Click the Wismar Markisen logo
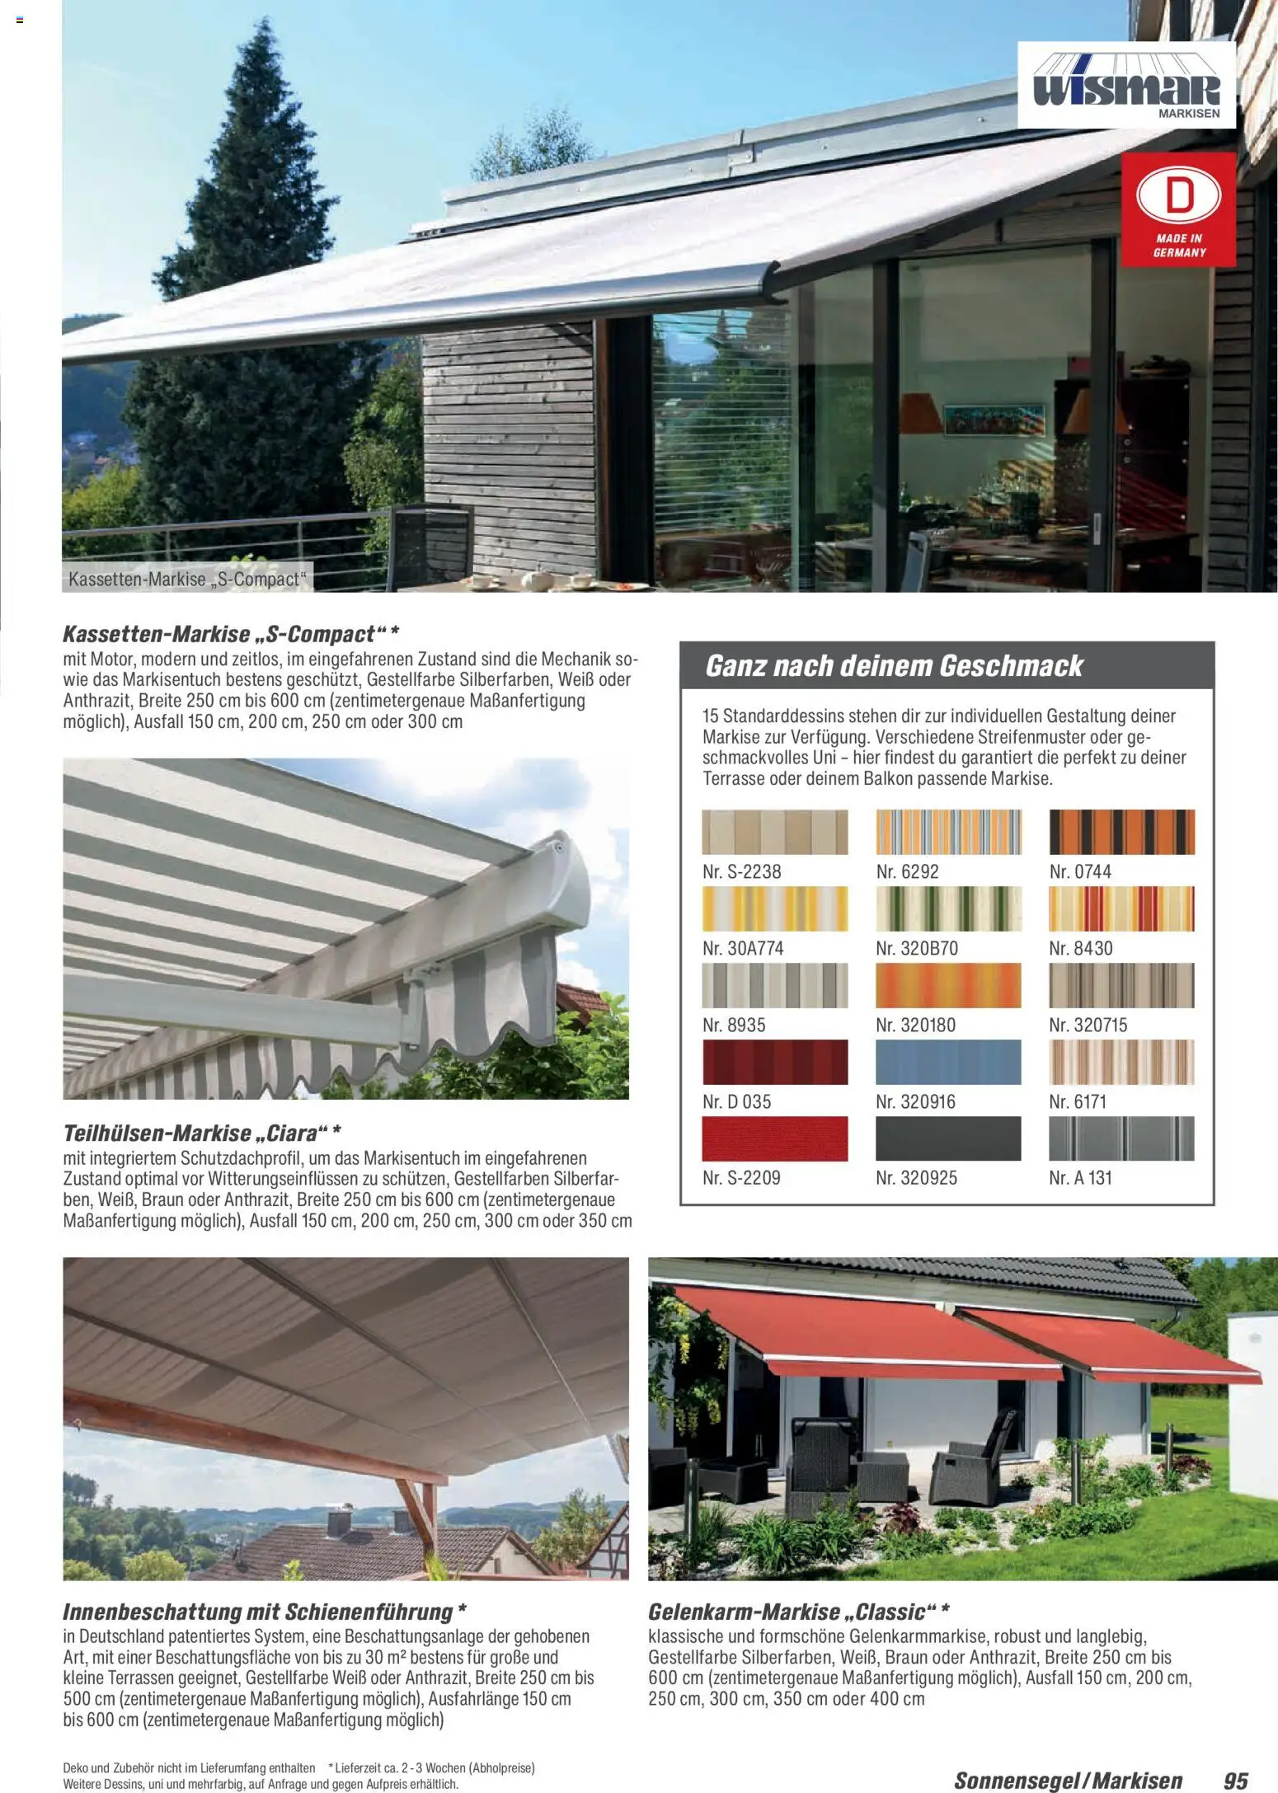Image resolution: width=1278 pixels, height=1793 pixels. click(x=1125, y=85)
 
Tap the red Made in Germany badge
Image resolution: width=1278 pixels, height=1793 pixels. click(x=1178, y=209)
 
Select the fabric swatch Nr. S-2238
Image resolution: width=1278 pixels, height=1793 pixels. click(x=774, y=832)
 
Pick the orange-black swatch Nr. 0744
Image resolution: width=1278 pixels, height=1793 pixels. click(x=1121, y=832)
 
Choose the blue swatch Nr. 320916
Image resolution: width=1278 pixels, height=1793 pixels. click(x=947, y=1062)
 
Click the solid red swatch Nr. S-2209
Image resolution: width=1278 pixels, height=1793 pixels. click(x=774, y=1138)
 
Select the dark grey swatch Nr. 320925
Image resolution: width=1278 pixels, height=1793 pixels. click(x=947, y=1138)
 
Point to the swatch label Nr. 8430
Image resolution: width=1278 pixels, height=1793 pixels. click(x=1080, y=949)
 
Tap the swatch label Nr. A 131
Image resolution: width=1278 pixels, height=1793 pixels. click(x=1080, y=1178)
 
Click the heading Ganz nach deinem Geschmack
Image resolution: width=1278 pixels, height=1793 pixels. click(x=893, y=666)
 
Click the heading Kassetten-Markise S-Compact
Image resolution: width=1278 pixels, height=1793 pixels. click(x=231, y=634)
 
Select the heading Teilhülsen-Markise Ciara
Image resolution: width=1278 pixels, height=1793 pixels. click(x=202, y=1134)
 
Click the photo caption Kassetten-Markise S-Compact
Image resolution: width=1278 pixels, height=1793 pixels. click(x=186, y=580)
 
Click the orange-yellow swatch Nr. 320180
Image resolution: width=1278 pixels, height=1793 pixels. click(x=947, y=985)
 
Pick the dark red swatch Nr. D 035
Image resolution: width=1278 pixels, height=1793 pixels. click(x=774, y=1062)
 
